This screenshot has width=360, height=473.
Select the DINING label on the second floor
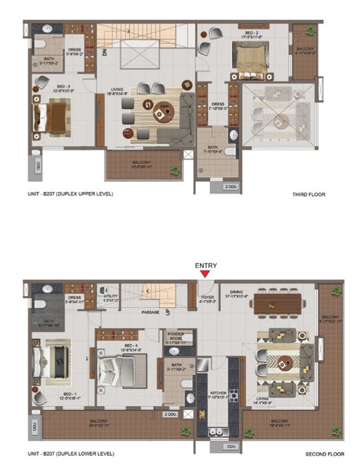(238, 293)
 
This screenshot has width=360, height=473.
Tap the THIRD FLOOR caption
(308, 195)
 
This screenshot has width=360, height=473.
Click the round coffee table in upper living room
(161, 112)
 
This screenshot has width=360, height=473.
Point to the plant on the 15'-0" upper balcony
(175, 169)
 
